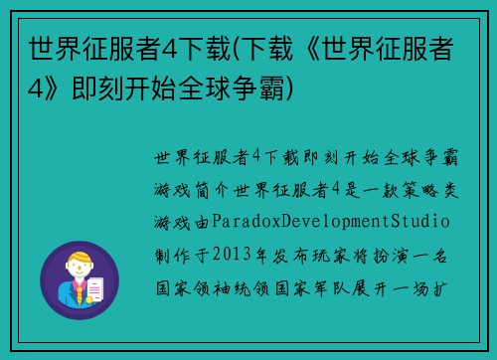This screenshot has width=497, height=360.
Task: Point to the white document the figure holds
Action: (x=96, y=289)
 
